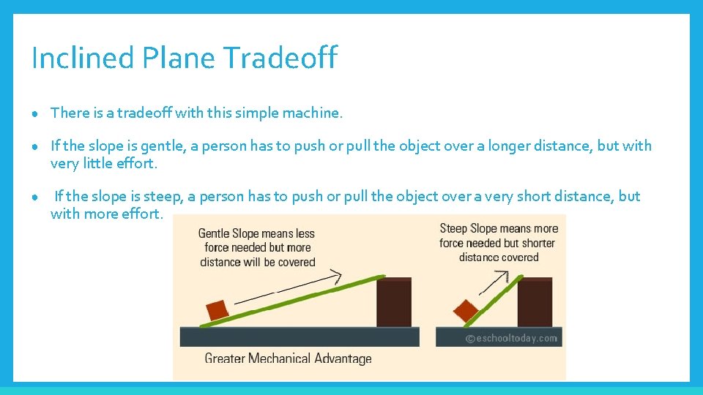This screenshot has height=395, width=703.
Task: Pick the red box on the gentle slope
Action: [x=217, y=309]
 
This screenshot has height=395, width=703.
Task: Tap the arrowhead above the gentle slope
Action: [x=335, y=275]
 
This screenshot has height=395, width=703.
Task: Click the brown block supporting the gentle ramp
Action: [x=394, y=301]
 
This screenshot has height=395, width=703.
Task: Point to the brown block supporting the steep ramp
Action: [x=535, y=301]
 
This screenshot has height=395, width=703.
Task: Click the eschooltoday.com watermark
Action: [x=511, y=338]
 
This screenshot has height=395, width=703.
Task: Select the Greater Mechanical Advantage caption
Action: [x=288, y=358]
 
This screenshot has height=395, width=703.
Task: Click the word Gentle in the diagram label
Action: [x=217, y=234]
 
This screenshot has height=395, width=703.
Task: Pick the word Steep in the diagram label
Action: [x=453, y=228]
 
